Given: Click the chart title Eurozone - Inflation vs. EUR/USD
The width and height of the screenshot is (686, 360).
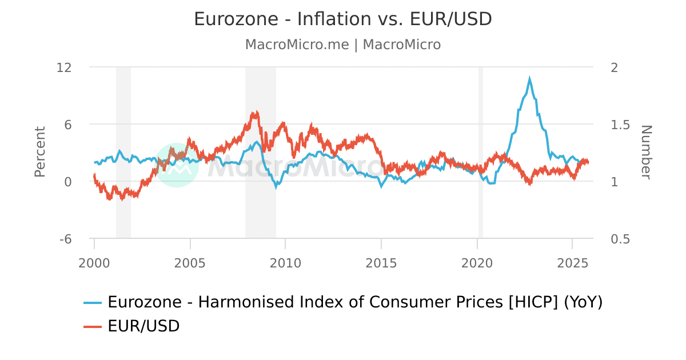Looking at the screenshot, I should (342, 19).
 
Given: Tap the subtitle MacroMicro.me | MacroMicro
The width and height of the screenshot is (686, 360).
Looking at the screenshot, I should (342, 45).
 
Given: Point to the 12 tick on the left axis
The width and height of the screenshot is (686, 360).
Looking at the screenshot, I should (64, 67).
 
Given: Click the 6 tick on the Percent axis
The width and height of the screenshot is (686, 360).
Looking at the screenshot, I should (67, 125).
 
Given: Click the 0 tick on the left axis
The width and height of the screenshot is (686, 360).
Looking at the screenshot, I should (67, 182).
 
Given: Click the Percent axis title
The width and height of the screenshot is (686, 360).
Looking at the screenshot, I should (39, 152).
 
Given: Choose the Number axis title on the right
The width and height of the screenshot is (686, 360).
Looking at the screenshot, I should (646, 152).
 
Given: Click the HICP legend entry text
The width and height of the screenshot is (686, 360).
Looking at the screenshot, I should (354, 302).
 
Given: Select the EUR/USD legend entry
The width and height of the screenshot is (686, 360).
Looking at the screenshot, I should (143, 326).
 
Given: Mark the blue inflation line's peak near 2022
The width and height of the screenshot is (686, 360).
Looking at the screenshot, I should (529, 79).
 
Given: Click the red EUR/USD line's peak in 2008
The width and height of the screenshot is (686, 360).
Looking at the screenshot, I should (257, 113).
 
